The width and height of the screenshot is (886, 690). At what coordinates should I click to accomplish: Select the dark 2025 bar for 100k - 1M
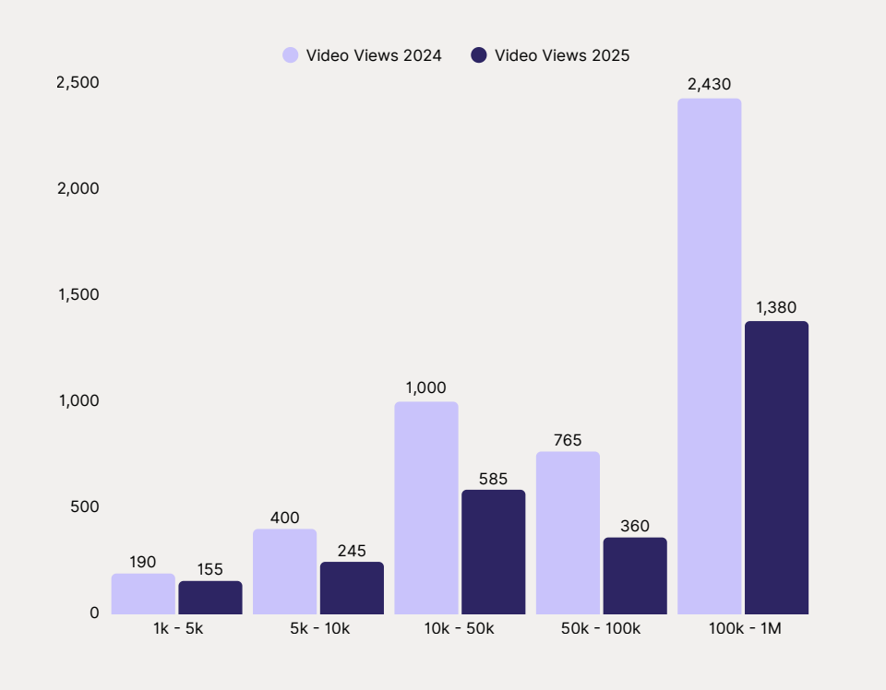(776, 468)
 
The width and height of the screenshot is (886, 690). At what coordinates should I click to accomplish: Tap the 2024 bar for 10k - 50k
(425, 507)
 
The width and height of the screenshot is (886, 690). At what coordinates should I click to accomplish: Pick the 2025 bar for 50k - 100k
(635, 576)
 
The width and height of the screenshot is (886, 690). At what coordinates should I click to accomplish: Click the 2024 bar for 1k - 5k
(143, 594)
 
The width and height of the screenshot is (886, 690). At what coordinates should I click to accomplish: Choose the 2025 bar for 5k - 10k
(352, 588)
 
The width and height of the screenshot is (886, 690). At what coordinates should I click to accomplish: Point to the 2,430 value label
(709, 84)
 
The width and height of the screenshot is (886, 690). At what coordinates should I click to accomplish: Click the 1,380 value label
(776, 307)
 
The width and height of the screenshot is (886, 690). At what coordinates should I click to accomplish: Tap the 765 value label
(568, 440)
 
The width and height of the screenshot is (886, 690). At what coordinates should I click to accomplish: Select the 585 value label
(493, 479)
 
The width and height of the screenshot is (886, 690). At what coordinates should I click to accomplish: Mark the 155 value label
(210, 569)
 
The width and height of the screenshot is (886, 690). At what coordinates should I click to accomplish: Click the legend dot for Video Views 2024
(291, 55)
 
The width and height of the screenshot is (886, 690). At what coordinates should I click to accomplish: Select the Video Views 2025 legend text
(562, 55)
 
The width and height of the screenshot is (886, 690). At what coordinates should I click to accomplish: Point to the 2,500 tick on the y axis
(78, 82)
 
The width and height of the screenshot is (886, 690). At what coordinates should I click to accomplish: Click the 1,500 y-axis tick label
(78, 294)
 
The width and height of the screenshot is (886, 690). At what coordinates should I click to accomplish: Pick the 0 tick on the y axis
(94, 613)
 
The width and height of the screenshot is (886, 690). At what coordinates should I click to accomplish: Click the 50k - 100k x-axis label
(601, 629)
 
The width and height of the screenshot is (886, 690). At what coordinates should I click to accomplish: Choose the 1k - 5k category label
(176, 629)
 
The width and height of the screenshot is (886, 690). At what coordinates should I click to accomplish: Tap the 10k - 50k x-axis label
(460, 629)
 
